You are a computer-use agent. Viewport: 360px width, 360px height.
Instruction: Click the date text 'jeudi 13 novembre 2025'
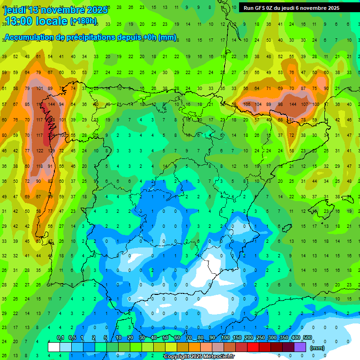pyautogui.click(x=56, y=10)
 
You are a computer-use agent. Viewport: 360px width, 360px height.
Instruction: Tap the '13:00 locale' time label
pyautogui.click(x=35, y=21)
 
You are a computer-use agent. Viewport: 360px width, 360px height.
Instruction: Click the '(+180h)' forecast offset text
pyautogui.click(x=83, y=21)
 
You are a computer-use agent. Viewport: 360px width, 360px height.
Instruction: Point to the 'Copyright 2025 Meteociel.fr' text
pyautogui.click(x=199, y=356)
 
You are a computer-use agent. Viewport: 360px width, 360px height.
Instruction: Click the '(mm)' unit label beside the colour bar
pyautogui.click(x=317, y=348)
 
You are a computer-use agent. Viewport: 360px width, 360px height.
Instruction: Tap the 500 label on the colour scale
pyautogui.click(x=307, y=338)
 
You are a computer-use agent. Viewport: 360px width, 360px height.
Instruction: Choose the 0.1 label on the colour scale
pyautogui.click(x=60, y=338)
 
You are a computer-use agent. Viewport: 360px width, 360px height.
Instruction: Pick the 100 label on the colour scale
pyautogui.click(x=225, y=338)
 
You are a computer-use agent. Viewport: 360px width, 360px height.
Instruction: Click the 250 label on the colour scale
pyautogui.click(x=260, y=338)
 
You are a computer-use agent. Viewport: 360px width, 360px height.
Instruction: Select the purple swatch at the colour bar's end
pyautogui.click(x=300, y=347)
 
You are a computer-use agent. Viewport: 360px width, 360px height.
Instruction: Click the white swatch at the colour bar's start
pyautogui.click(x=54, y=347)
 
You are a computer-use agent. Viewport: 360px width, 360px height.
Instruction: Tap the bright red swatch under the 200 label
pyautogui.click(x=253, y=347)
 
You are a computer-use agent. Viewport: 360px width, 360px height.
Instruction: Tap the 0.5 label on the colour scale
pyautogui.click(x=72, y=338)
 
